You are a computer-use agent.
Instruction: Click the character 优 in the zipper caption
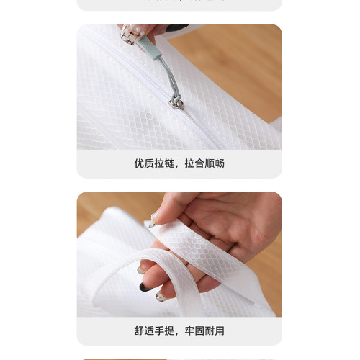[x=139, y=163]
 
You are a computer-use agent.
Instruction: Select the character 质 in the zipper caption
[x=149, y=163]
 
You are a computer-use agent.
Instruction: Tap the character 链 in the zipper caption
[x=169, y=163]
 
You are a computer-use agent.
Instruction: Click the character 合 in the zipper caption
[x=199, y=163]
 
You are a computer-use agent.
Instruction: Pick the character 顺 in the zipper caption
[x=210, y=163]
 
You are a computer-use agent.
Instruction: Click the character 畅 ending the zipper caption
[x=220, y=163]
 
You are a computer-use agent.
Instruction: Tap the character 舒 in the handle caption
[x=139, y=330]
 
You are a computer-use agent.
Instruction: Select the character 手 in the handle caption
[x=159, y=330]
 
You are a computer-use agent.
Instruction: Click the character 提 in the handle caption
[x=169, y=330]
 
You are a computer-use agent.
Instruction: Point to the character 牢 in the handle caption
[x=189, y=330]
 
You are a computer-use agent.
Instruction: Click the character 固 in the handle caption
[x=199, y=330]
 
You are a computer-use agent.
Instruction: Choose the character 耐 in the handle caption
[x=210, y=330]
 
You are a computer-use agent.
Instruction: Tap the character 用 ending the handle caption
[x=220, y=330]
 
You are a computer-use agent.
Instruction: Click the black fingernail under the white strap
[x=145, y=287]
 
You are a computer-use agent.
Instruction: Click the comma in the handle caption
[x=177, y=334]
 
